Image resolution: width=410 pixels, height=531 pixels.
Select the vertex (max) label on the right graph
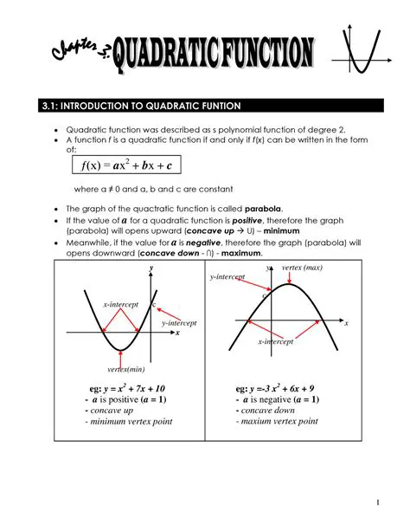[302, 269]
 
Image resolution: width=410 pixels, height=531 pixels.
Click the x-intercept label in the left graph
[121, 305]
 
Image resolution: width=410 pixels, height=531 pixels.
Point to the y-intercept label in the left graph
[180, 323]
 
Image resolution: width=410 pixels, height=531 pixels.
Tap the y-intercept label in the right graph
[227, 277]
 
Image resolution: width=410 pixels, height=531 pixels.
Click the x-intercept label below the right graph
[276, 342]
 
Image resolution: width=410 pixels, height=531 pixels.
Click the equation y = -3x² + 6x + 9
[287, 388]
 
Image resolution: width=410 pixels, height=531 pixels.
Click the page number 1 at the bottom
[379, 503]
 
